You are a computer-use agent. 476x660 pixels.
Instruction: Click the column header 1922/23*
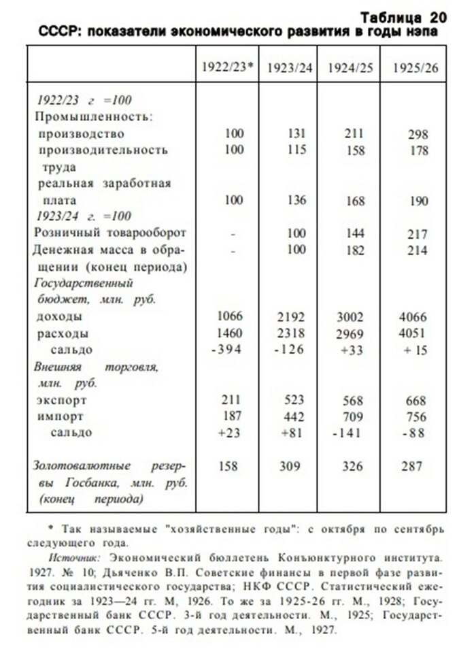pos(228,67)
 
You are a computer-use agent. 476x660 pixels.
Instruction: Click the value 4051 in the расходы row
pos(413,333)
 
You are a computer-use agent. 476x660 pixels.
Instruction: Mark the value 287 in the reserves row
pos(411,467)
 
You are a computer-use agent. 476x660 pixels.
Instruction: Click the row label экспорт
pos(63,400)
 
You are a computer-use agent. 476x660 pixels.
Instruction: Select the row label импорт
pos(61,416)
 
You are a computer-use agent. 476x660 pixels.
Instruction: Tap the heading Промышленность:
pos(94,116)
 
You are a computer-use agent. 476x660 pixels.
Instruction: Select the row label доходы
pos(61,317)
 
